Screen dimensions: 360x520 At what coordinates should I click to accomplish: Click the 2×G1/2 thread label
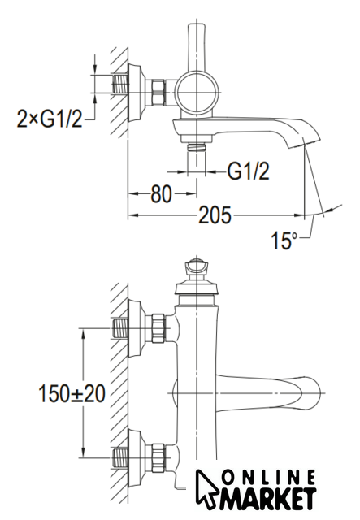[x=49, y=119]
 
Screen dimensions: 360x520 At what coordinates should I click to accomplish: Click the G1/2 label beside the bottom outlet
[x=248, y=171]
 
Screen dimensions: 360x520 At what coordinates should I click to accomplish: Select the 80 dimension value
[x=161, y=194]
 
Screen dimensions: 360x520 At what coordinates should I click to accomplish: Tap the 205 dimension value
[x=215, y=214]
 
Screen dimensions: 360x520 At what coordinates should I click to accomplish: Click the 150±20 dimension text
[x=72, y=393]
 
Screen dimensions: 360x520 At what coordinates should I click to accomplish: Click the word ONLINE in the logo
[x=268, y=478]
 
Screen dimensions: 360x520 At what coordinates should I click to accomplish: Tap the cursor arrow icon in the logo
[x=207, y=489]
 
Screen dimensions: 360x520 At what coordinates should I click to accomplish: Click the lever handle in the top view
[x=197, y=47]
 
